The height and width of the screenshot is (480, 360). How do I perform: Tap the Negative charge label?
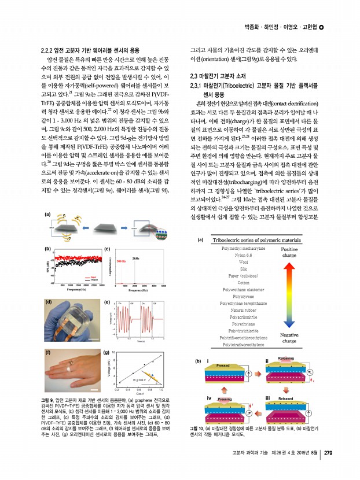289,338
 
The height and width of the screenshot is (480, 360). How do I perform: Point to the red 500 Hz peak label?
121,261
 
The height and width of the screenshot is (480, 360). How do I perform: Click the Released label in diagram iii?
286,398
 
